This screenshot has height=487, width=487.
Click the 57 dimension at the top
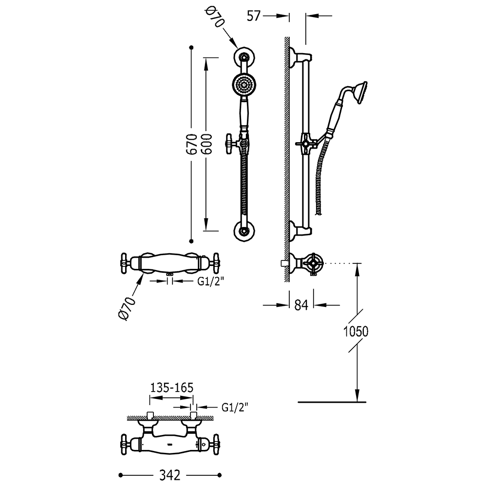[253, 16]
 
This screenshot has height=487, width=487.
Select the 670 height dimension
[191, 145]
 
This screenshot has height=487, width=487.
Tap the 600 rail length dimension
[206, 145]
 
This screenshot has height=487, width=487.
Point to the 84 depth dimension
[301, 305]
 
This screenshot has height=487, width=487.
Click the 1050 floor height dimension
[356, 332]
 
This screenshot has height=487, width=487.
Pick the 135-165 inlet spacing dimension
[172, 388]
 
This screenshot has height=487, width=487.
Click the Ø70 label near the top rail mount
[215, 18]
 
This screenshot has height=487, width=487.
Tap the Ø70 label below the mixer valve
[127, 308]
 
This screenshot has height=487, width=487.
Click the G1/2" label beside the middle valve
[211, 281]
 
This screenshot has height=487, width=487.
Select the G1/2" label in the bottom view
[235, 407]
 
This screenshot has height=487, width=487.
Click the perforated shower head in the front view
[244, 84]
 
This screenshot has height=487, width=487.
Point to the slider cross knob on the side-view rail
[306, 144]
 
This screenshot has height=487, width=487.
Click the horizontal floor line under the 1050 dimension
[332, 402]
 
